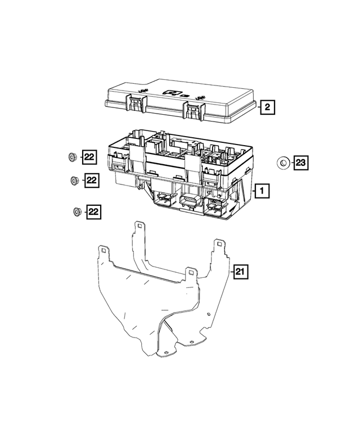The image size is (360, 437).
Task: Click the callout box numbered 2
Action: click(267, 107)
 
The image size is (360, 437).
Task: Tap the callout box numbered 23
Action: click(300, 163)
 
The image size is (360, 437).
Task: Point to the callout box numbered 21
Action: click(240, 272)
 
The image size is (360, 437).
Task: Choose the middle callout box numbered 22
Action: click(91, 180)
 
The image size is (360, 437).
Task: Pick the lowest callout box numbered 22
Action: click(93, 212)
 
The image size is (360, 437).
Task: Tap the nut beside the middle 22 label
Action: click(73, 180)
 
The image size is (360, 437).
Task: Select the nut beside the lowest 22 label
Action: click(76, 212)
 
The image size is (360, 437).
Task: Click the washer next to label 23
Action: click(283, 163)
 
